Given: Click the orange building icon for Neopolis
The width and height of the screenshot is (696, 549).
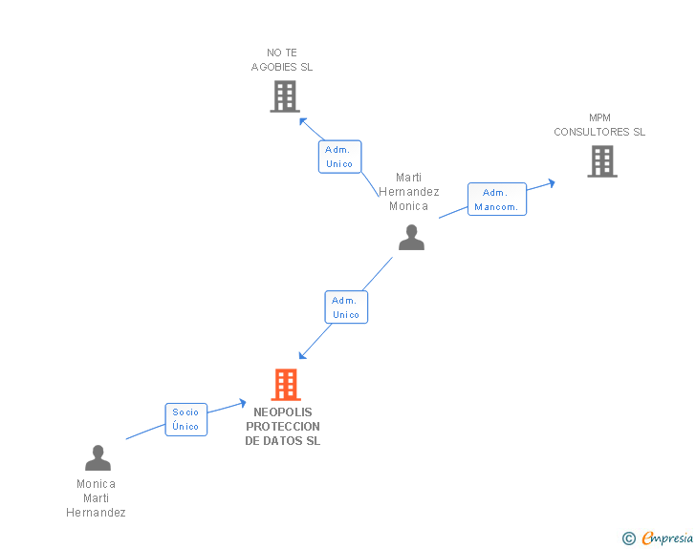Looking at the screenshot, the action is [286, 385].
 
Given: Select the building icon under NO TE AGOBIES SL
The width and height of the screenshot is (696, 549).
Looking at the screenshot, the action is [285, 96].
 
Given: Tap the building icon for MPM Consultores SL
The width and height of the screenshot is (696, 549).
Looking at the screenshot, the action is [602, 161].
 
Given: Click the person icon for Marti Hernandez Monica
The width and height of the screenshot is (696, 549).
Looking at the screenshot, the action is [411, 237].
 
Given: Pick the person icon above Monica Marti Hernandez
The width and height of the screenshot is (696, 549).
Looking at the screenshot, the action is [98, 457].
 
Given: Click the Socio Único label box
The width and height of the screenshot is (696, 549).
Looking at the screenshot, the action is [186, 419].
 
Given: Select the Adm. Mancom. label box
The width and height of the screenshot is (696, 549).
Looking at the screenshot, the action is [497, 200].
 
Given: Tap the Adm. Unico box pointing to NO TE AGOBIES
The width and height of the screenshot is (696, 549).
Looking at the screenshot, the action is [340, 157].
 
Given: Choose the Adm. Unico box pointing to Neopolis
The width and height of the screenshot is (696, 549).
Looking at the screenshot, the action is [346, 306].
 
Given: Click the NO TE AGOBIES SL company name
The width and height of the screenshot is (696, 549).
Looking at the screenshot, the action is [282, 60].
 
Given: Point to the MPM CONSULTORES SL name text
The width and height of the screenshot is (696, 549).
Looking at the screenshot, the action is [599, 125].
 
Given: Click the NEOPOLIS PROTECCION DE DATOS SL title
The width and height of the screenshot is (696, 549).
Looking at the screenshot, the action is [283, 426].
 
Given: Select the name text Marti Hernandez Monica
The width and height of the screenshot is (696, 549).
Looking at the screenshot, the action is [409, 192].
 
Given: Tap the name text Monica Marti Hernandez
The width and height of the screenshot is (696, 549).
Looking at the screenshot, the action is [96, 498].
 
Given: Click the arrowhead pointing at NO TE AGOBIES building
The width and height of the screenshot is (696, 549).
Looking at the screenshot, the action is [303, 121].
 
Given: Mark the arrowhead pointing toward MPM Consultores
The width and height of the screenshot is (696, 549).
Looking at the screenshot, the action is [552, 182].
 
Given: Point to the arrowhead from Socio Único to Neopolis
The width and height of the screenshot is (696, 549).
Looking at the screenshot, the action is [243, 403].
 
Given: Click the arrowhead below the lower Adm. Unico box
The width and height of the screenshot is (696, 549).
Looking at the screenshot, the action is [303, 355].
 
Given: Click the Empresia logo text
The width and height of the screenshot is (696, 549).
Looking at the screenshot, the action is [667, 538].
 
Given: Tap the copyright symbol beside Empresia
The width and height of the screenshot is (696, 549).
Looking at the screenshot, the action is [629, 538].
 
